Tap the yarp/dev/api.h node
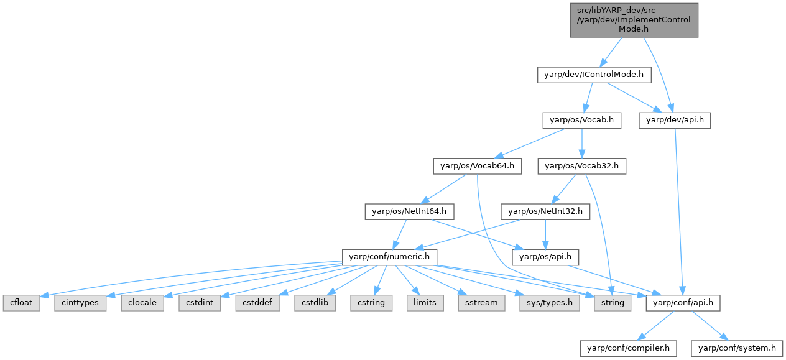[x=675, y=121]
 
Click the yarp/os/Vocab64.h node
[x=477, y=166]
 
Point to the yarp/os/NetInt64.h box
[x=409, y=211]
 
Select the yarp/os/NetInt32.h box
[x=545, y=211]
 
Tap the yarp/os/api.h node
[x=545, y=257]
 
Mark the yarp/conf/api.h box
[x=683, y=303]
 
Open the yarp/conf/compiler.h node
[x=627, y=348]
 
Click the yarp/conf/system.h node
[x=737, y=348]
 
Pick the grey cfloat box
[x=21, y=303]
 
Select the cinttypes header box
[x=80, y=303]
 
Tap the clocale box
[x=142, y=303]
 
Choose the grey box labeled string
[x=612, y=303]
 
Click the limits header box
[x=425, y=303]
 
